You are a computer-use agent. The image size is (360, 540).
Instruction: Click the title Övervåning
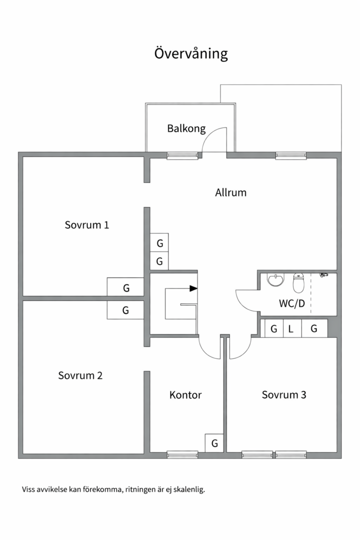(x=191, y=53)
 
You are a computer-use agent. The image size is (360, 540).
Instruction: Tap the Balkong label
(x=186, y=128)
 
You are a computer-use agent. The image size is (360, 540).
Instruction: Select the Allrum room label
(x=231, y=192)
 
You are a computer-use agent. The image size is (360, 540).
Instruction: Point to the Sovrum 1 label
(x=87, y=225)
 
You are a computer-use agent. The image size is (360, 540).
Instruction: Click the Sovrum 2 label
(x=80, y=375)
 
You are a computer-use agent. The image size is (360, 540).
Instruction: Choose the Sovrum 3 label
(x=284, y=394)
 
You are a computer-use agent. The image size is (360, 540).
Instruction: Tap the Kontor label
(x=185, y=394)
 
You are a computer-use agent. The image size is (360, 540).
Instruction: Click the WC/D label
(x=292, y=303)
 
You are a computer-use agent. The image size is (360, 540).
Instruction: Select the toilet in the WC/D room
(x=298, y=282)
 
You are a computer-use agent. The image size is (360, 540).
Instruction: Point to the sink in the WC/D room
(x=276, y=279)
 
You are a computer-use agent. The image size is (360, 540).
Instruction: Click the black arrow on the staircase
(x=193, y=288)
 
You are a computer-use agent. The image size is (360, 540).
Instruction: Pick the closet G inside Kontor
(x=214, y=443)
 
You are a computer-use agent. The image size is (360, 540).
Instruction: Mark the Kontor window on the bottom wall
(x=182, y=454)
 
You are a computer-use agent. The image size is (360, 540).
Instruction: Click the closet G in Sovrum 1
(x=125, y=287)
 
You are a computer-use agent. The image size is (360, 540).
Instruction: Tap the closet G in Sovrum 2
(x=125, y=310)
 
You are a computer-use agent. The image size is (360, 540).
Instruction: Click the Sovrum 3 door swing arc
(x=244, y=353)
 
